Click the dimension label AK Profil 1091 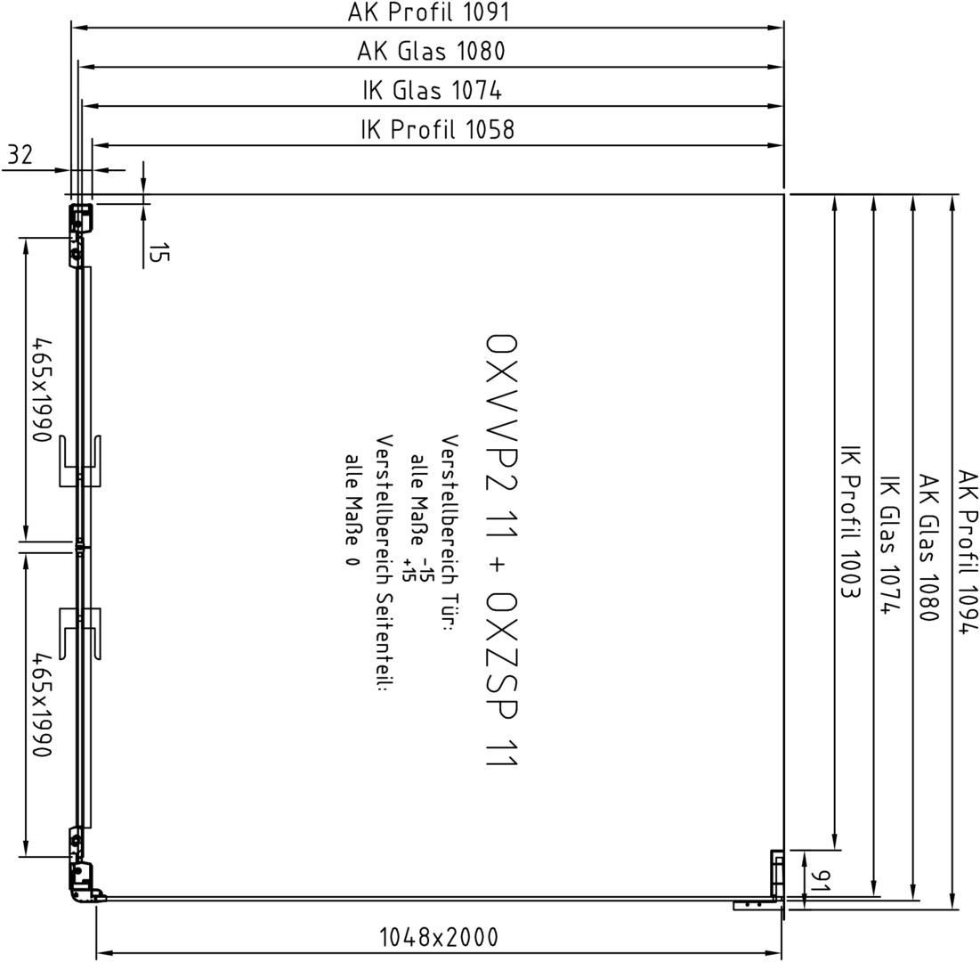429,12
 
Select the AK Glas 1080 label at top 431,52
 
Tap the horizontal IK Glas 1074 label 432,91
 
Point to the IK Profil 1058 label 438,129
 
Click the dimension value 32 20,154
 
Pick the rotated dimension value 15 158,253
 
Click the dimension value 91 822,881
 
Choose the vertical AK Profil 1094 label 967,551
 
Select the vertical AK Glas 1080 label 928,548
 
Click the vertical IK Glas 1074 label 891,545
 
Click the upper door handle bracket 80,461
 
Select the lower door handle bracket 80,633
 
